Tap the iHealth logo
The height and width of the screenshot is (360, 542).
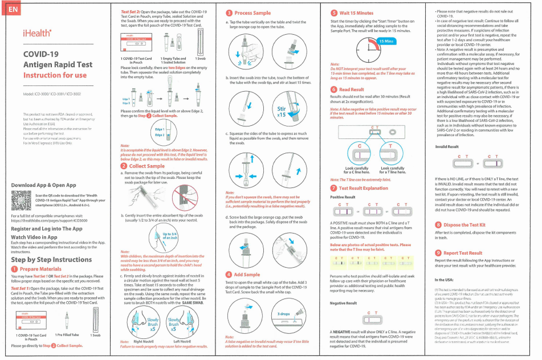(x=35, y=34)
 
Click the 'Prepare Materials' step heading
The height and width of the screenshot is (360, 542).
(x=40, y=269)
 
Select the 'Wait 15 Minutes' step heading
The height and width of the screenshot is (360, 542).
(x=356, y=13)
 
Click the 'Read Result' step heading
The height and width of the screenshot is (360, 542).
(x=351, y=89)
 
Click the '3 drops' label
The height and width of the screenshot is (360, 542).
(x=284, y=313)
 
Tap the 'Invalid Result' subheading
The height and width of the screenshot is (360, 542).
(x=447, y=146)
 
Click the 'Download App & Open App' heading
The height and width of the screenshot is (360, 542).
(x=43, y=185)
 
